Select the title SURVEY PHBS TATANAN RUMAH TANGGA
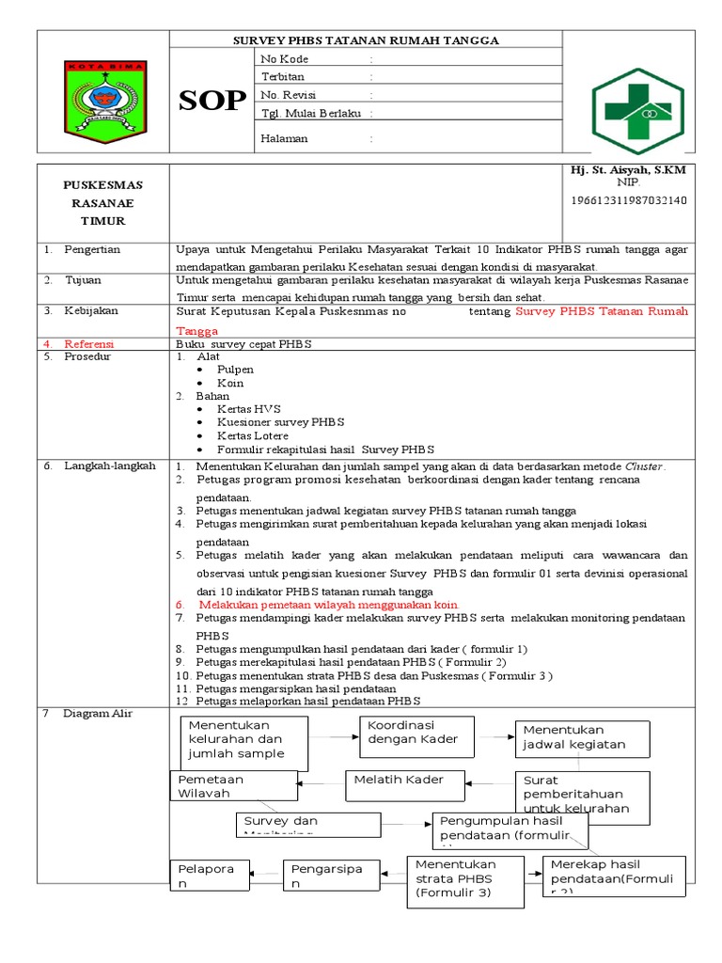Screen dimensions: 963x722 pos(366,40)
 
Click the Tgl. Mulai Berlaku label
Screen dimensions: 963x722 pos(310,114)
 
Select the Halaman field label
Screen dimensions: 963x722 pos(284,138)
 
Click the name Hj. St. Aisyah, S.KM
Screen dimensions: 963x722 pos(628,170)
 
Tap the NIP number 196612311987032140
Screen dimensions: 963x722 pos(629,200)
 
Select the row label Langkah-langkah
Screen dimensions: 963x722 pos(109,466)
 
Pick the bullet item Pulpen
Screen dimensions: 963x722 pos(235,370)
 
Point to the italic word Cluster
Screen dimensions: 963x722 pos(644,466)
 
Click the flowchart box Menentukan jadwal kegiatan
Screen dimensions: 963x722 pos(582,738)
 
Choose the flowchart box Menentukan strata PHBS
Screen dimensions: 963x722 pos(465,881)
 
